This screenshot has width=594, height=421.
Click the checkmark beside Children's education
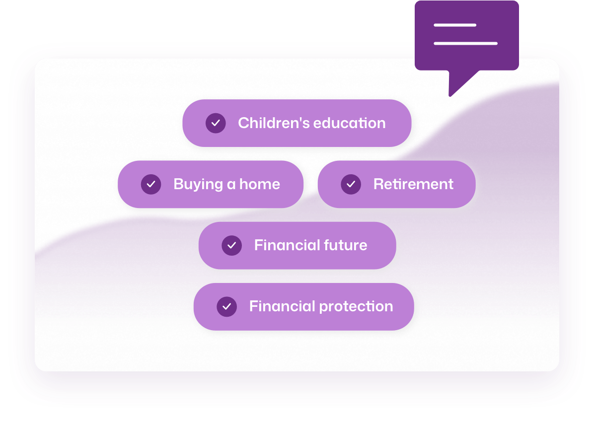pos(216,123)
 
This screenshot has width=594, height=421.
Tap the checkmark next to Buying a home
pos(151,184)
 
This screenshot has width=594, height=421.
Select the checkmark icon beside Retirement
pos(351,184)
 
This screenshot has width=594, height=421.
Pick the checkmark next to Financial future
pos(232,245)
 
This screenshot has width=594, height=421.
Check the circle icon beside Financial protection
pos(227,307)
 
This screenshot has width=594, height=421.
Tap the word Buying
pos(198,185)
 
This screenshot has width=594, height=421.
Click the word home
pos(259,184)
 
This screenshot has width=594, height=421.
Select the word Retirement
pos(413,184)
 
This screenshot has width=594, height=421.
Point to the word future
pos(345,245)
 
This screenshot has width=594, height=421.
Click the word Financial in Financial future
pos(287,245)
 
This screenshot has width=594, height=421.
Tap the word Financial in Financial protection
pos(282,306)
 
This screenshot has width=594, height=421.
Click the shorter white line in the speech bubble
pos(455,25)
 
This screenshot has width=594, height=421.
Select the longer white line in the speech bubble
pos(465,44)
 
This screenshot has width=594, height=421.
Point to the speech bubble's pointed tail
pos(450,96)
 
